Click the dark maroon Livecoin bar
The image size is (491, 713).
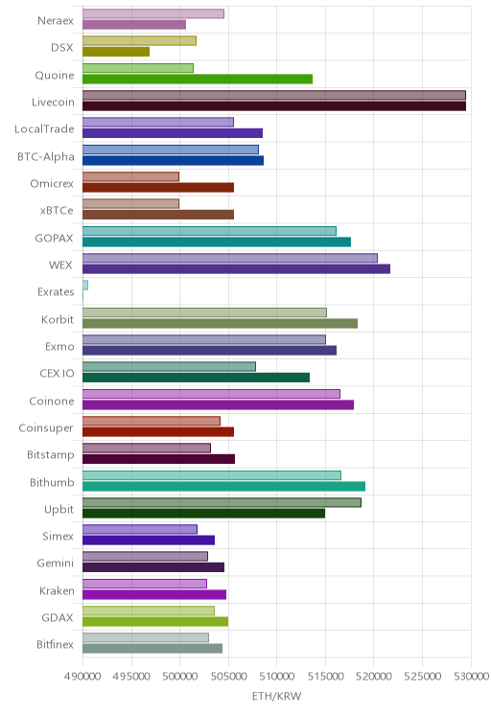coord(274,106)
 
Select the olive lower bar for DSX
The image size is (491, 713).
coord(116,52)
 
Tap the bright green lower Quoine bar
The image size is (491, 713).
coord(198,80)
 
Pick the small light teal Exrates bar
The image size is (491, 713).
coord(85,286)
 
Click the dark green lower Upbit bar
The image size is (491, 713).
coord(204,514)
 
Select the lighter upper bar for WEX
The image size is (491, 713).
coord(230,259)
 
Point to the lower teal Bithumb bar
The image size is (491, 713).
coord(223,487)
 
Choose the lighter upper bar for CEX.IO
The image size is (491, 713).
coord(170,366)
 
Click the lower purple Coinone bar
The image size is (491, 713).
coord(218,404)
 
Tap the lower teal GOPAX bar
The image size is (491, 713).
coord(217,241)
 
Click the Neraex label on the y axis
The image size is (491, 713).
coord(55,21)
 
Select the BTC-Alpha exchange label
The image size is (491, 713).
coord(45,157)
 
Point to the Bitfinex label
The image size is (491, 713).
coord(55,644)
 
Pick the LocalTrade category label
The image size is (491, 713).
coord(44,129)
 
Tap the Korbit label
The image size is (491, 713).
coord(58,320)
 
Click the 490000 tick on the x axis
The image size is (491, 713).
coord(82,677)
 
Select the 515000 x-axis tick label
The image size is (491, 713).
coord(325,677)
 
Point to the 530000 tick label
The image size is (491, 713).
coord(471,677)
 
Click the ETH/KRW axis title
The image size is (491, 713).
coord(277,696)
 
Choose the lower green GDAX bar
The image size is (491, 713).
coord(155,622)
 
